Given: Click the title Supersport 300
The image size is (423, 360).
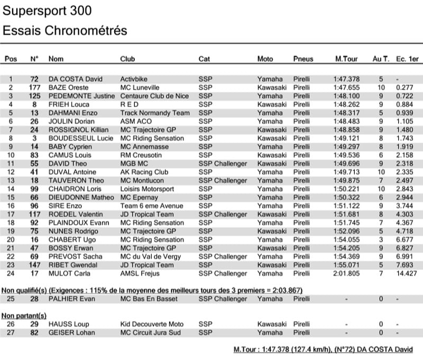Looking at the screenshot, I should click(x=47, y=11).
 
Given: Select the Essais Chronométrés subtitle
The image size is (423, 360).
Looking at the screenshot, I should click(x=65, y=31).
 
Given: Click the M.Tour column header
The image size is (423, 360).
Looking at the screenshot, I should click(x=347, y=59).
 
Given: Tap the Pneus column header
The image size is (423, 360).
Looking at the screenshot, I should click(x=303, y=59).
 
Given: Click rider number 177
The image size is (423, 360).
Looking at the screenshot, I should click(x=35, y=87).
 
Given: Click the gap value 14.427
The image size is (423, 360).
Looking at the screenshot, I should click(x=406, y=273).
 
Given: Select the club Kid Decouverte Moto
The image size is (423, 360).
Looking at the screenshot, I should click(x=152, y=324).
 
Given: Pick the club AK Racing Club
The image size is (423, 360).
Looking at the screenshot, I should click(x=144, y=172).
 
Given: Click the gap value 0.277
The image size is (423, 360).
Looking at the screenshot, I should click(x=404, y=87).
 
